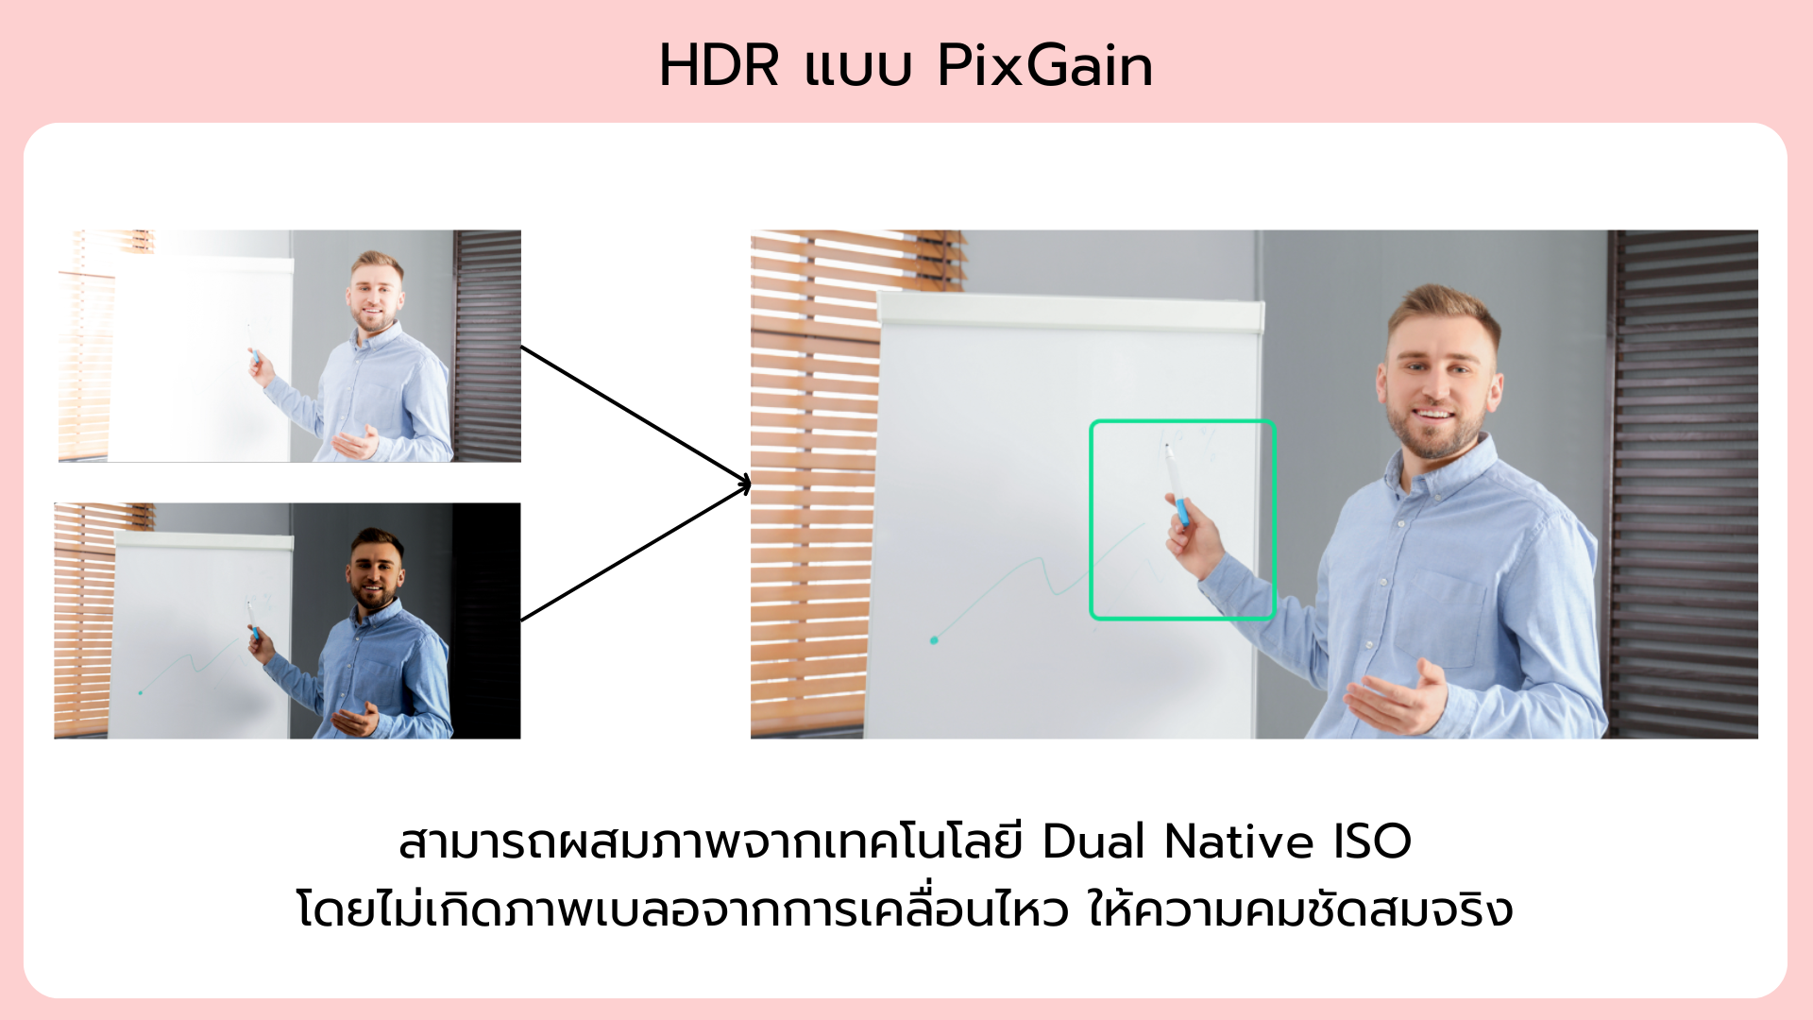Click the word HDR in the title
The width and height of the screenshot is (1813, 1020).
coord(720,66)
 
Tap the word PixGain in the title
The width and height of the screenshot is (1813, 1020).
coord(1045,66)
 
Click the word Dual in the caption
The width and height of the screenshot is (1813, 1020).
coord(1093,841)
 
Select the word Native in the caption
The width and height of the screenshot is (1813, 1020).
coord(1239,841)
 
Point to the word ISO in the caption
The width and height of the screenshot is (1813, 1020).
coord(1372,841)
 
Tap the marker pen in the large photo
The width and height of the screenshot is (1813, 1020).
coord(1176,484)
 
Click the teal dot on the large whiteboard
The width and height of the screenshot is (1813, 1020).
coord(934,640)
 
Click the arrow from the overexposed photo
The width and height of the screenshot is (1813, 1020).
coord(635,416)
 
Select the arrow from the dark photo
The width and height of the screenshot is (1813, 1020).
coord(635,552)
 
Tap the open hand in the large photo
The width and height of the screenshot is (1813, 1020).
coord(1398,699)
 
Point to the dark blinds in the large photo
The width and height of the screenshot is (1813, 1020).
coord(1684,484)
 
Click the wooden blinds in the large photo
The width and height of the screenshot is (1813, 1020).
coord(812,484)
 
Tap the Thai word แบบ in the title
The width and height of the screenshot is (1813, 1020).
coord(857,68)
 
